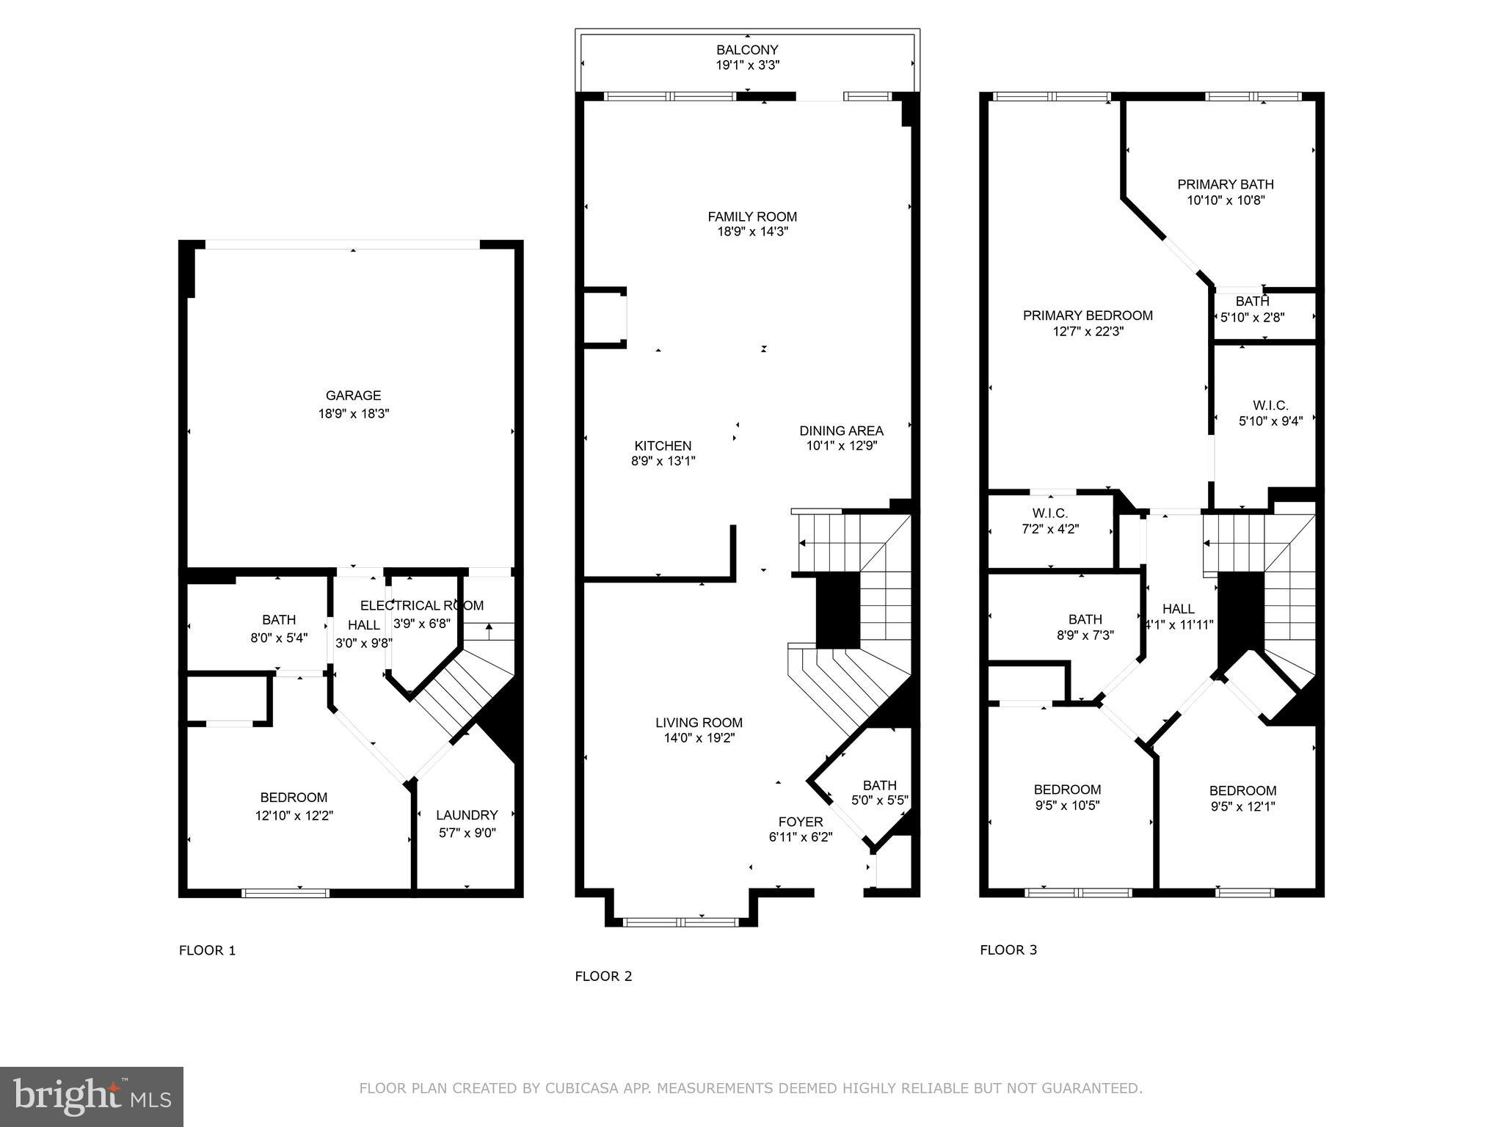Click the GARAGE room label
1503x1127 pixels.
point(353,395)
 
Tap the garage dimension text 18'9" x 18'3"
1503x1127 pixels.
point(353,414)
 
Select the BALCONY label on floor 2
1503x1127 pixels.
point(747,50)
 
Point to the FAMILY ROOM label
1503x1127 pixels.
point(751,216)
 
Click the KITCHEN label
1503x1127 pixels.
point(663,445)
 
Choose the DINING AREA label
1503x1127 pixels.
point(841,431)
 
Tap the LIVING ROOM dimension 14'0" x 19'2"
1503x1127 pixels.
point(699,738)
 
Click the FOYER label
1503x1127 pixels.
point(800,822)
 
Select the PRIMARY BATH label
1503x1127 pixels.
point(1225,184)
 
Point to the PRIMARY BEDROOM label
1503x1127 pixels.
point(1088,316)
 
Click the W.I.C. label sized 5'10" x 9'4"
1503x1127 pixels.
point(1270,405)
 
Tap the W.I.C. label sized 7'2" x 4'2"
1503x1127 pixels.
point(1049,513)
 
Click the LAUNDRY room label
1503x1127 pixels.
point(467,815)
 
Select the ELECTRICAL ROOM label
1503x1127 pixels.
point(422,605)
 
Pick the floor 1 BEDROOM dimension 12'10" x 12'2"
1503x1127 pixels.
point(294,815)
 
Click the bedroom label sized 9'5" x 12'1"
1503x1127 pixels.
point(1242,790)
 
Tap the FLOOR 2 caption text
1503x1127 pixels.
point(603,976)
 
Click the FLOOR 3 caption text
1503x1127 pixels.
point(1008,949)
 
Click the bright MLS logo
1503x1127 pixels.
point(92,1097)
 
